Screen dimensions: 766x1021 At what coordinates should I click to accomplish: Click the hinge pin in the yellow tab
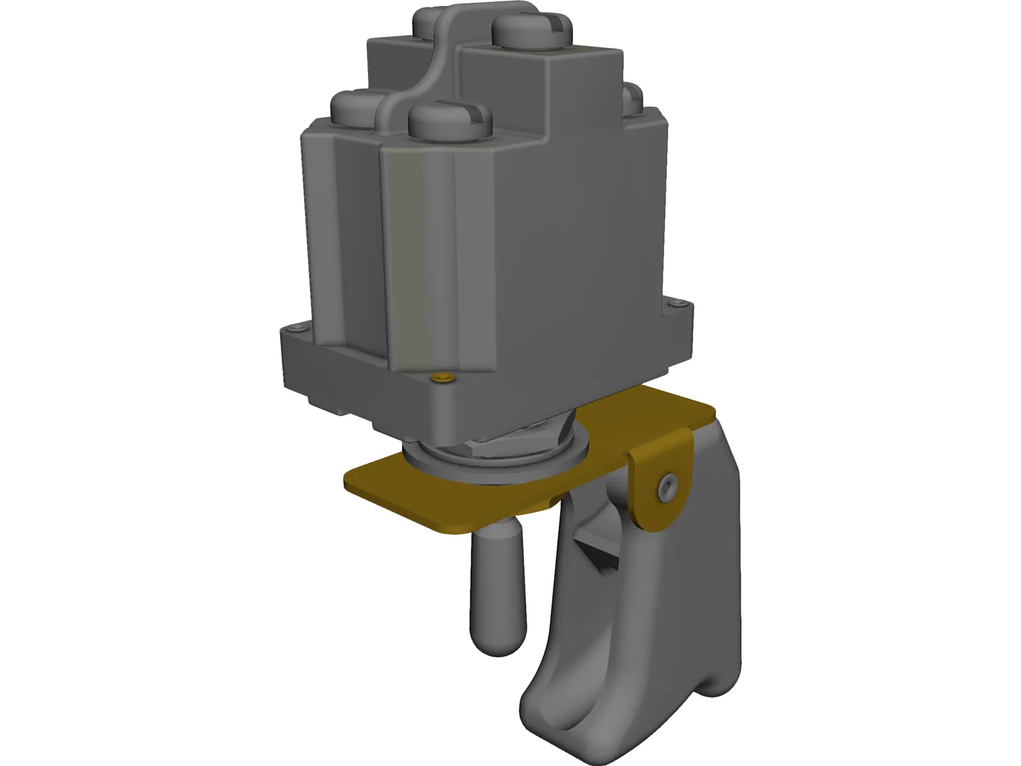point(667,487)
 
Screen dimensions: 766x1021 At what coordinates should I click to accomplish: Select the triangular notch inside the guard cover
point(597,549)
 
